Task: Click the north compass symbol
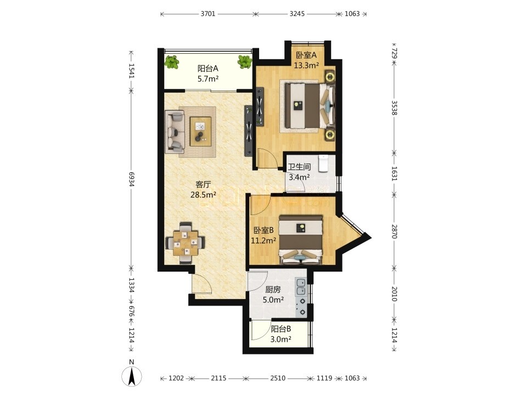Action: pos(132,373)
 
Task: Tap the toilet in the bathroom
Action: pos(323,163)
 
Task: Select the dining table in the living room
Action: pos(184,242)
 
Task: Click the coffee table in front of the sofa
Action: pos(201,131)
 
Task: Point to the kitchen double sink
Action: pos(301,286)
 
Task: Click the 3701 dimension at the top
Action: pos(208,14)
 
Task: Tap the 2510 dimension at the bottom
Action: pos(278,378)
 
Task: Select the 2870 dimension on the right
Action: pos(394,232)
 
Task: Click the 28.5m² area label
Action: pos(203,194)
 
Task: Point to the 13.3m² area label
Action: pos(306,65)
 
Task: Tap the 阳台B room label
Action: pos(281,329)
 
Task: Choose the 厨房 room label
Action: pos(273,290)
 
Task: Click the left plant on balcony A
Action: pos(172,62)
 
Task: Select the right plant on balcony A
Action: pos(245,62)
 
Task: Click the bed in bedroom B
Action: pos(301,240)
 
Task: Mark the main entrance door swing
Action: pos(201,284)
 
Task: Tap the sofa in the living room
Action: pos(175,132)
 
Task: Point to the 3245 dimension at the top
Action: pos(297,14)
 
